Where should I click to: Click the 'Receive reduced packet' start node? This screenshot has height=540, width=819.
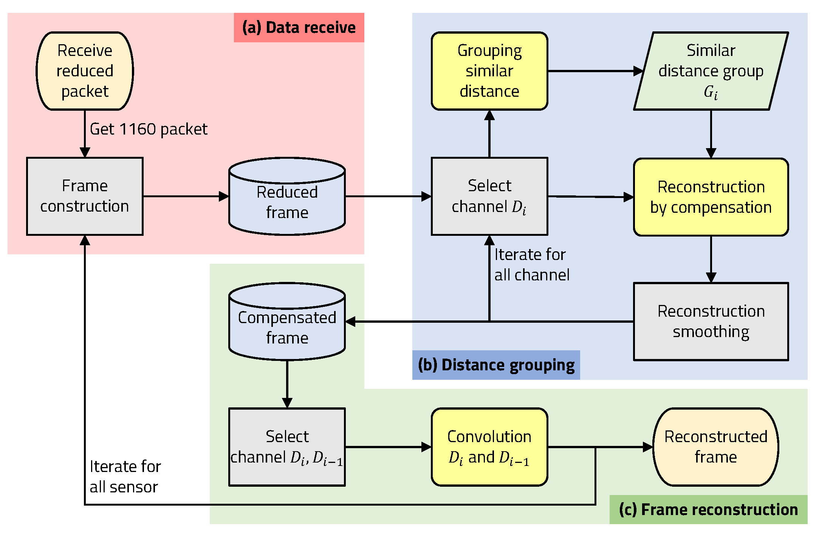(85, 71)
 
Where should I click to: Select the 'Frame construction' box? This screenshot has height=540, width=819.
(85, 196)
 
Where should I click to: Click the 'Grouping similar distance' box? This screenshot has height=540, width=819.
(489, 71)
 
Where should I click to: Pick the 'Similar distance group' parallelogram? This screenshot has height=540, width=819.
(711, 71)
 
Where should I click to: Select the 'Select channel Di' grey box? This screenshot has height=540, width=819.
(489, 196)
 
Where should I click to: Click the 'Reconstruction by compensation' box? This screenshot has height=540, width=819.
(711, 197)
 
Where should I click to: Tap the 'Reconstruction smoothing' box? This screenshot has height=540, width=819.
(711, 321)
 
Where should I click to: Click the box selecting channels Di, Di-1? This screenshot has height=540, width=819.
(287, 447)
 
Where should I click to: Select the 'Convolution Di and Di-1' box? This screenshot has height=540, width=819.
(489, 447)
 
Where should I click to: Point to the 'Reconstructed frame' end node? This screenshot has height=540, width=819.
(715, 447)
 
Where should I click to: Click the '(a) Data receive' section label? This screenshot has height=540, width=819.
(299, 28)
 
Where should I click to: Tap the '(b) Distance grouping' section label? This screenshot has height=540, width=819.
(496, 365)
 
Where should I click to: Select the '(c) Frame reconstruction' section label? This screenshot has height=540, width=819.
(708, 509)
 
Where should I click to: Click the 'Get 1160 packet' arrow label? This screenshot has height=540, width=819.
(149, 129)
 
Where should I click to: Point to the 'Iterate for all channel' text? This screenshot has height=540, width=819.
(531, 265)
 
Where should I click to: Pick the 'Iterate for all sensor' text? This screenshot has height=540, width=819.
(125, 477)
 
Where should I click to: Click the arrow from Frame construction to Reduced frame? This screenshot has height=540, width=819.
(185, 196)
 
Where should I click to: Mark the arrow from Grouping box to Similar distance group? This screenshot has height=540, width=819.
(593, 71)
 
